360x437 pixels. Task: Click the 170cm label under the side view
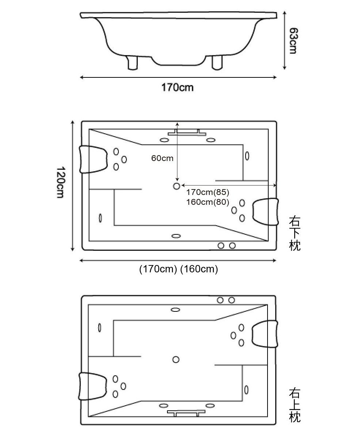178,88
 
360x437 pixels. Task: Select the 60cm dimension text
162,158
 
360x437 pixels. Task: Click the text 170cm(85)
208,192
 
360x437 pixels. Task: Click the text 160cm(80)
208,202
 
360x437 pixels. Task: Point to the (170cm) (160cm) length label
179,269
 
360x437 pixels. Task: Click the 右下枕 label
295,233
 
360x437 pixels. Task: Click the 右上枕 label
295,405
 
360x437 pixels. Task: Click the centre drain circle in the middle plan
177,186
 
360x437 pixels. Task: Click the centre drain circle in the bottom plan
176,360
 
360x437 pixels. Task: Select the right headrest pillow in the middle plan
265,212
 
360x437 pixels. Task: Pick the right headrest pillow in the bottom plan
265,334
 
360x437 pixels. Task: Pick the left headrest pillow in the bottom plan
92,386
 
